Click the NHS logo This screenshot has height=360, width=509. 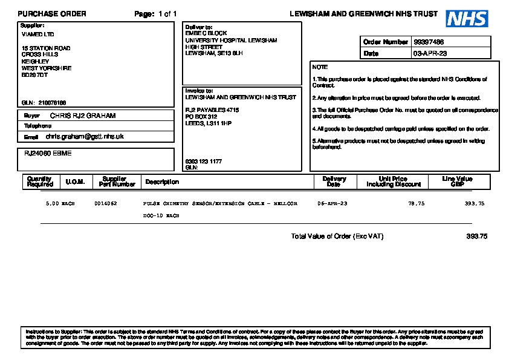pyautogui.click(x=467, y=18)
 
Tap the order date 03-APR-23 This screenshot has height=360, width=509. pyautogui.click(x=430, y=54)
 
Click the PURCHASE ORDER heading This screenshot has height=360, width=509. pyautogui.click(x=52, y=14)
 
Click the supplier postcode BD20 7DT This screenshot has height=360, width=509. pyautogui.click(x=34, y=75)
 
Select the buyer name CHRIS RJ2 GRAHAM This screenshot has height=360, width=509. pyautogui.click(x=83, y=116)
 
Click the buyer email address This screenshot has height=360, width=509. pyautogui.click(x=85, y=137)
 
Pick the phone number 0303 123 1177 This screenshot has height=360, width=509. pyautogui.click(x=203, y=162)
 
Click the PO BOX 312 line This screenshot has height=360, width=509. pyautogui.click(x=201, y=117)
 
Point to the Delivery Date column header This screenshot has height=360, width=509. pyautogui.click(x=334, y=182)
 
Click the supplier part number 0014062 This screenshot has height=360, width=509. pyautogui.click(x=106, y=204)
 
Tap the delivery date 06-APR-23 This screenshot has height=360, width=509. pyautogui.click(x=332, y=204)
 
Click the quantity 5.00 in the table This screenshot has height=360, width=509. pyautogui.click(x=52, y=204)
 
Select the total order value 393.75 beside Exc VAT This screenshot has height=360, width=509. pyautogui.click(x=476, y=237)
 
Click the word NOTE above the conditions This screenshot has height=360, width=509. pyautogui.click(x=320, y=67)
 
